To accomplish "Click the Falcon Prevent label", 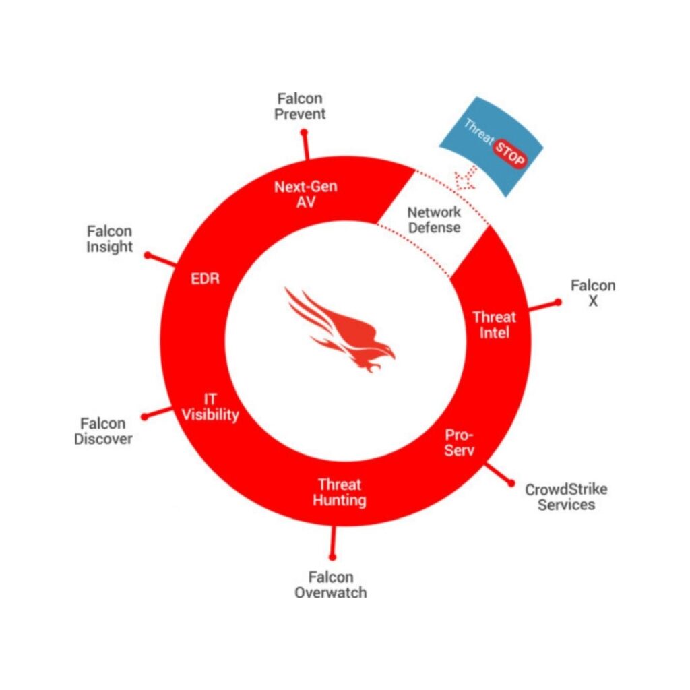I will [x=300, y=106].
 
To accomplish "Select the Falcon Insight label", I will [x=110, y=239].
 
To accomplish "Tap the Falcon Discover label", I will [x=103, y=431].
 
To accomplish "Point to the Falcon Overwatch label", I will [x=331, y=585].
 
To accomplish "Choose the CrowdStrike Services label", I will [x=566, y=497].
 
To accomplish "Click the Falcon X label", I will [x=593, y=293].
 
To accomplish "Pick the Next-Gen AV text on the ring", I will [x=305, y=195].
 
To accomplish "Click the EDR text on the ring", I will [x=205, y=278].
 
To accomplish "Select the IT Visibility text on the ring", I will [x=210, y=407].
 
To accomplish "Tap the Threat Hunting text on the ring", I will [x=340, y=492].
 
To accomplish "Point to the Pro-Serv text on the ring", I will [x=460, y=442].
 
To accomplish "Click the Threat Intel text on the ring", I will [x=494, y=324].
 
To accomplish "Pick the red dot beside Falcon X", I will [x=557, y=303].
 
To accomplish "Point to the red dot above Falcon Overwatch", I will [x=332, y=557].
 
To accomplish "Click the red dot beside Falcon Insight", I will [x=148, y=256].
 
